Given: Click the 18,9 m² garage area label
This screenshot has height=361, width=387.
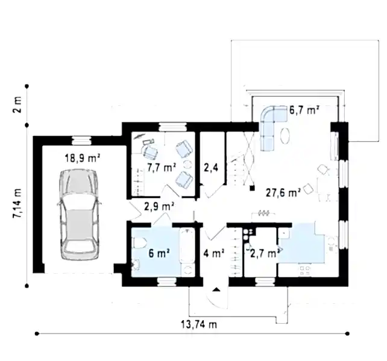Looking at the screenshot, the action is coord(83,158).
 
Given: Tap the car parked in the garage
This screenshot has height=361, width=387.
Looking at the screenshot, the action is coord(79,214).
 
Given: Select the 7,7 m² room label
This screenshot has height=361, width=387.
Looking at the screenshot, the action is coord(162,167).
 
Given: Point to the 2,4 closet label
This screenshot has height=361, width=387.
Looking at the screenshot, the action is coord(211,168).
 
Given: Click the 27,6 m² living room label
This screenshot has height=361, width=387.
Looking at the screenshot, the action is coord(283,193).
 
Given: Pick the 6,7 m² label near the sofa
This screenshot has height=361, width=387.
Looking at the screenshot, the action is coord(304,110).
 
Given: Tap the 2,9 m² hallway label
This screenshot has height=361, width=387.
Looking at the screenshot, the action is coord(159,206).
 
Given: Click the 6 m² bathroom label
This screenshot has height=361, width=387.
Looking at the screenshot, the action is coord(159,253).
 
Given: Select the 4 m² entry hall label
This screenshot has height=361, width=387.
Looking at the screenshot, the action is coord(214,253).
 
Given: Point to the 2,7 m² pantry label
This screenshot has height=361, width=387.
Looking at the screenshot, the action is coord(265,253).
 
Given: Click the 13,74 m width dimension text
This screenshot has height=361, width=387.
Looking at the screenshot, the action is coord(199,324).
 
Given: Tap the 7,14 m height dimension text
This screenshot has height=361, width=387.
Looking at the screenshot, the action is coord(17,203).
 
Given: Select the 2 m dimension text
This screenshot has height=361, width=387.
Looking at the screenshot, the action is coord(17,104).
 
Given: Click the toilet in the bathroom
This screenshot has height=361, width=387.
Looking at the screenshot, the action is coord(139,243).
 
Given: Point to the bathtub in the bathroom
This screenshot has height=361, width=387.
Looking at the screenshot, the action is coord(187,245).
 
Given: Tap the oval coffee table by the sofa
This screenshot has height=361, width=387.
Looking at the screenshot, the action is coord(285,135).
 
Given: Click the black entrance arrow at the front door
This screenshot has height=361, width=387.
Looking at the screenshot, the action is coord(216,289).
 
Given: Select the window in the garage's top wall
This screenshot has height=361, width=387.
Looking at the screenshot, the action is coord(82,140).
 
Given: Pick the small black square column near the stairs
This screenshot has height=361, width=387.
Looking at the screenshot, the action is coord(252,188).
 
